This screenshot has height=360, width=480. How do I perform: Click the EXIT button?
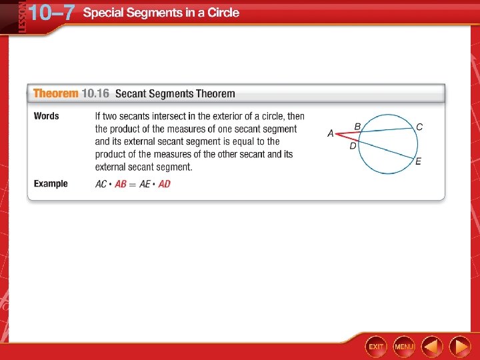(376, 346)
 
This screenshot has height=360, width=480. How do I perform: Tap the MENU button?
(404, 346)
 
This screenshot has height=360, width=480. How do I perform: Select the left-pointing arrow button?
(432, 346)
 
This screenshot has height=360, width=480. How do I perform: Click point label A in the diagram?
(331, 134)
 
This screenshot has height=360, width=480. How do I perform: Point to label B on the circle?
(357, 126)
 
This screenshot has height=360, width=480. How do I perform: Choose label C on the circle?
(419, 127)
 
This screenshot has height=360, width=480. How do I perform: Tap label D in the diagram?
(353, 145)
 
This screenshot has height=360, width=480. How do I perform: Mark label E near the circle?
(419, 161)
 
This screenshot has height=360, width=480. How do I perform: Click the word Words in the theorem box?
(47, 116)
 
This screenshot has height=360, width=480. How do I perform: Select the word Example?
(51, 183)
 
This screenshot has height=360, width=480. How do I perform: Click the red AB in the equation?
(121, 184)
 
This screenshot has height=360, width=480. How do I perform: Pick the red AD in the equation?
(164, 184)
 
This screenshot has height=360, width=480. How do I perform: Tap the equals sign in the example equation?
(133, 184)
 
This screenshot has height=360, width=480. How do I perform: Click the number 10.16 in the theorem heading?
(95, 93)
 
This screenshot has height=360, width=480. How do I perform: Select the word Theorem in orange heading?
(55, 93)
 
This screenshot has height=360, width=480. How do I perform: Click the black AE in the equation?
(145, 184)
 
